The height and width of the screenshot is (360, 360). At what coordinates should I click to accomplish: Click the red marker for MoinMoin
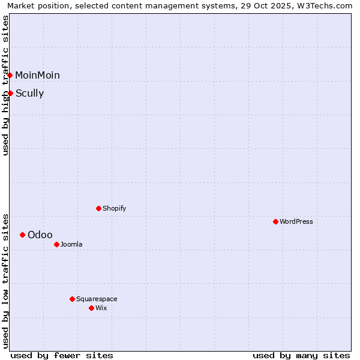pyautogui.click(x=10, y=75)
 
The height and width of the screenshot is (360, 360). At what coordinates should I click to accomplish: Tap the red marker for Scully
pyautogui.click(x=10, y=93)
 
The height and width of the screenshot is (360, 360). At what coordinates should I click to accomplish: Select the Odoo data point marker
pyautogui.click(x=22, y=235)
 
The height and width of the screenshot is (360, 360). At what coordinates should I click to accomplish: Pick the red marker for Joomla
pyautogui.click(x=56, y=244)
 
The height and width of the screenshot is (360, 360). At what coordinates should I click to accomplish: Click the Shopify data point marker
pyautogui.click(x=98, y=208)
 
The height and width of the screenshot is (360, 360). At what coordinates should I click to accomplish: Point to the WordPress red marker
pyautogui.click(x=275, y=221)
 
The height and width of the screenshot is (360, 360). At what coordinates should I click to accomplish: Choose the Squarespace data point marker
pyautogui.click(x=72, y=299)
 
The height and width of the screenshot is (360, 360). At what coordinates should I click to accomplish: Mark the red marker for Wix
pyautogui.click(x=91, y=308)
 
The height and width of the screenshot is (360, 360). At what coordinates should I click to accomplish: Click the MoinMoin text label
pyautogui.click(x=37, y=75)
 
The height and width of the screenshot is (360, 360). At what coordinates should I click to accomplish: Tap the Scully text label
pyautogui.click(x=29, y=93)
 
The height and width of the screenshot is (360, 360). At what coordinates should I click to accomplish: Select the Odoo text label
pyautogui.click(x=40, y=235)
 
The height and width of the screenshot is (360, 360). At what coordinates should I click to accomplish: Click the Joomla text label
pyautogui.click(x=71, y=244)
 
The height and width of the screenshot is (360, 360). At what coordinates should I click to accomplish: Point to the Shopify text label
pyautogui.click(x=114, y=208)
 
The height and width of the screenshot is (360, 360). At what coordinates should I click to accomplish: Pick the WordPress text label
pyautogui.click(x=296, y=221)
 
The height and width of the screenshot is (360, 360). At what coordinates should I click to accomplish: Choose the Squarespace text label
pyautogui.click(x=97, y=299)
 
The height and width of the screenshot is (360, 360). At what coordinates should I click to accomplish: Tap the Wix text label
pyautogui.click(x=101, y=308)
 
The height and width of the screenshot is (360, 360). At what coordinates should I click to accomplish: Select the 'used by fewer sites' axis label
pyautogui.click(x=62, y=355)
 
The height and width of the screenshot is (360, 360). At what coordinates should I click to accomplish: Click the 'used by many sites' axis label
pyautogui.click(x=301, y=355)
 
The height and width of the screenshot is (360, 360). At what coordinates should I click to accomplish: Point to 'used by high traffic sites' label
pyautogui.click(x=5, y=85)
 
